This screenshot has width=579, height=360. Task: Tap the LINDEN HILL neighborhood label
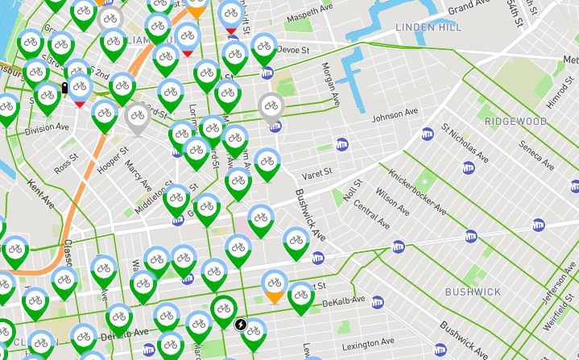(429, 28)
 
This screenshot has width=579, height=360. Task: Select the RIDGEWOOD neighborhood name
(515, 122)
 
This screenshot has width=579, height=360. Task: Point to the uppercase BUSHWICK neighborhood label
(473, 292)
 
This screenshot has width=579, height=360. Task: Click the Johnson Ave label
(395, 116)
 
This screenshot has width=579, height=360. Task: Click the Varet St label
(316, 175)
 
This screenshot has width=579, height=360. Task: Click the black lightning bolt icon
(241, 325)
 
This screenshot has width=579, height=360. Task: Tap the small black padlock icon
(64, 88)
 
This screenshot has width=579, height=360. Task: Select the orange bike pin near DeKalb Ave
(275, 284)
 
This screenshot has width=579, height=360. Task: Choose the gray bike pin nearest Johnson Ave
(271, 108)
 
